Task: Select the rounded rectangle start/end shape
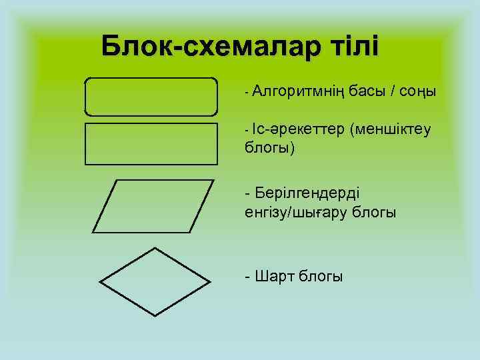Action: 151,97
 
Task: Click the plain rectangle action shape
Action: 151,143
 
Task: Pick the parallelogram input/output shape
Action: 153,205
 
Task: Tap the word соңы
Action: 418,91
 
